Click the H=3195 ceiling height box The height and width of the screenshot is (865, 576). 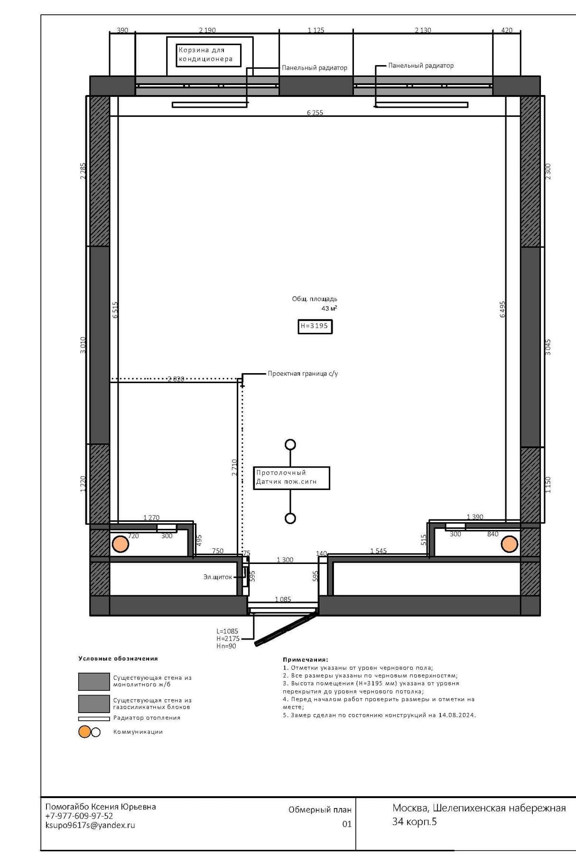click(x=315, y=326)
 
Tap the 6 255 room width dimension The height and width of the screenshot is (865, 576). click(x=315, y=113)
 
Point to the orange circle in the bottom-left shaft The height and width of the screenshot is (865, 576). click(x=121, y=544)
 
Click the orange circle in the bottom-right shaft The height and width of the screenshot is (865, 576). click(x=510, y=544)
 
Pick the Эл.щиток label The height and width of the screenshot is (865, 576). click(x=218, y=577)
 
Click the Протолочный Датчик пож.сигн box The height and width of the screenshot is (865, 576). click(x=291, y=478)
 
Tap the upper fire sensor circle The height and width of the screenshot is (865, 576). click(x=290, y=444)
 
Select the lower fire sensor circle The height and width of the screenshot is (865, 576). click(x=290, y=518)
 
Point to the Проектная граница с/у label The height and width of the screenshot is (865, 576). click(x=303, y=374)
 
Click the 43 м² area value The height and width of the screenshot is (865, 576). click(x=329, y=308)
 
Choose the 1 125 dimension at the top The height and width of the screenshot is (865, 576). click(x=316, y=30)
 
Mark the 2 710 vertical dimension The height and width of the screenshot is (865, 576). click(x=234, y=467)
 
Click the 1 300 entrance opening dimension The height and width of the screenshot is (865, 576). click(x=285, y=560)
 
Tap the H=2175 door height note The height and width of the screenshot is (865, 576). click(x=228, y=639)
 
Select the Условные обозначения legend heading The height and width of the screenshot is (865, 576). click(x=118, y=658)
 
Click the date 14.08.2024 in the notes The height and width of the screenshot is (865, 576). click(x=457, y=715)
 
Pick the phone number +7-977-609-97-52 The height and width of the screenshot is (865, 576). click(x=79, y=816)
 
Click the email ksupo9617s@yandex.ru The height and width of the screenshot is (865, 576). click(x=90, y=825)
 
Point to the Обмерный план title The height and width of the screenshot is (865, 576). click(x=320, y=809)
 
